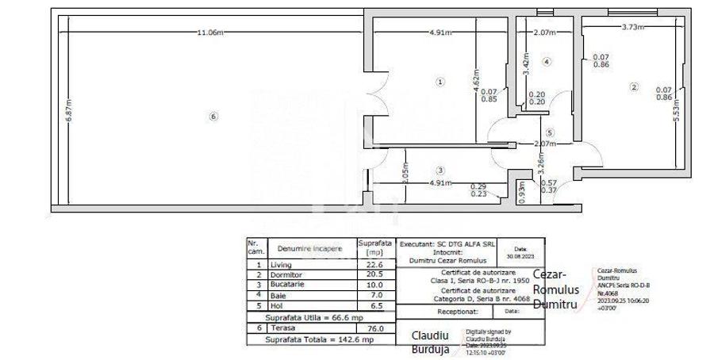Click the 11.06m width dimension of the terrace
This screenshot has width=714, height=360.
point(209,33)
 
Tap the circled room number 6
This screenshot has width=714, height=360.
point(213,117)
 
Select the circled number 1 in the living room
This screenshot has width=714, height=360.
point(441,81)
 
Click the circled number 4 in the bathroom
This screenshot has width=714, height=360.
point(547,61)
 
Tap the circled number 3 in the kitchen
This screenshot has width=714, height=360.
point(440,170)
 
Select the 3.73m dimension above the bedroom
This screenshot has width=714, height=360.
point(632,27)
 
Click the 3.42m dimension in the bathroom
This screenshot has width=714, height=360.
point(525,62)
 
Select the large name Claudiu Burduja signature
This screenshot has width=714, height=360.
point(431,342)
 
